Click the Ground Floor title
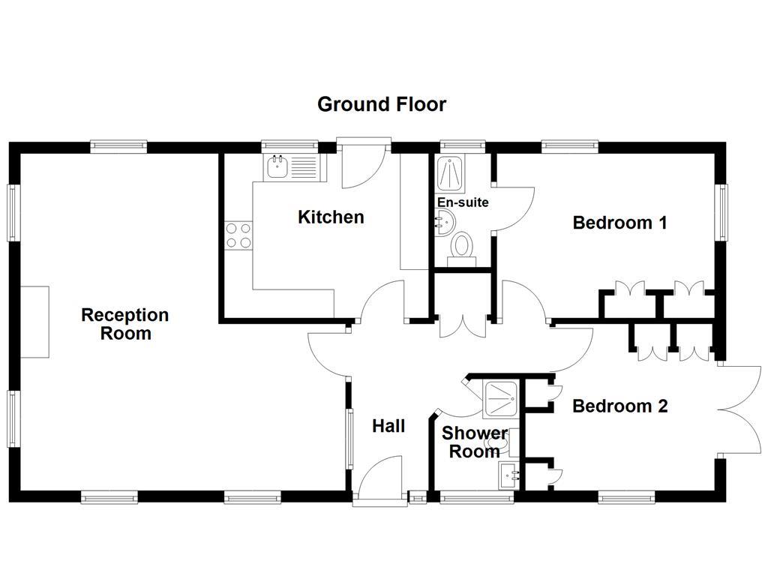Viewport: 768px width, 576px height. (x=382, y=104)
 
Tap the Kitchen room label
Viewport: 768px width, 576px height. (x=331, y=217)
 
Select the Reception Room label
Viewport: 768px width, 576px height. (x=125, y=324)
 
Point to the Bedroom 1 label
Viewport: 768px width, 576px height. (x=619, y=223)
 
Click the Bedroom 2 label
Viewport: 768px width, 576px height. (x=619, y=406)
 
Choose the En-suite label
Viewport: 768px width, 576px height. (x=463, y=202)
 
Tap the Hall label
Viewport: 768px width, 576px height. (x=388, y=427)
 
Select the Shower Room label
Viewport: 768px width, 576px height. (x=474, y=442)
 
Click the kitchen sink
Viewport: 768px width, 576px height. (x=277, y=166)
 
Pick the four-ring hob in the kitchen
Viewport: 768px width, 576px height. (x=238, y=235)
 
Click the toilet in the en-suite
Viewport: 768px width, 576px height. (x=461, y=247)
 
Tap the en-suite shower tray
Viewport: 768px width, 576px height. (x=453, y=174)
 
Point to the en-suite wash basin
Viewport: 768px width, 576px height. (x=443, y=220)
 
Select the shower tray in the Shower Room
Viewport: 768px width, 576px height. (x=500, y=399)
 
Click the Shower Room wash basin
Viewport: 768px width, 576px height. (x=508, y=475)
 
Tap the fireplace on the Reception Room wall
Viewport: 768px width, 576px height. (x=34, y=322)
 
